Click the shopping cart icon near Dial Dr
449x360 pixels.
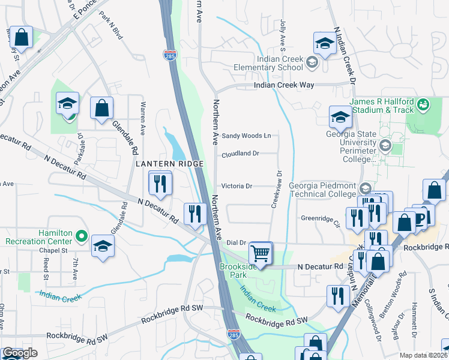tap(261, 253)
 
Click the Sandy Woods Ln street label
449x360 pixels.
tap(246, 136)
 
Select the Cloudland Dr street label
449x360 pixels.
tap(240, 154)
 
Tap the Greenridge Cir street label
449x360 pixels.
tap(321, 218)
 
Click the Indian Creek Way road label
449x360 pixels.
tap(284, 86)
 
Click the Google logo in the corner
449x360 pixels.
tap(20, 353)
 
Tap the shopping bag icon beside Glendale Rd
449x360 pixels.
tap(102, 109)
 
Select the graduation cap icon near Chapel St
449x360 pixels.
tap(103, 247)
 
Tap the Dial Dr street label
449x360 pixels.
tap(237, 242)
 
